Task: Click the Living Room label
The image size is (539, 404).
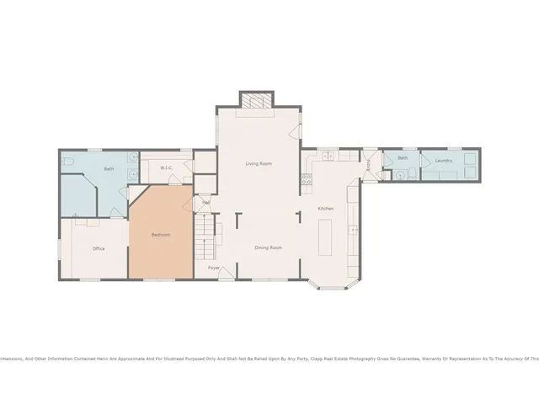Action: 259,163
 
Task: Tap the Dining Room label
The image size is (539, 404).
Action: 269,247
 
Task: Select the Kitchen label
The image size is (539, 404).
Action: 325,208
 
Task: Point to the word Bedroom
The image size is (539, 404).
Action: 161,235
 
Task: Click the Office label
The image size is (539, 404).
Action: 99,248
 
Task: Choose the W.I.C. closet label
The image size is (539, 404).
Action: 166,168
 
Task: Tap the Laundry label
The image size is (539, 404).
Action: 445,160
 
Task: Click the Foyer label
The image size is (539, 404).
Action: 214,268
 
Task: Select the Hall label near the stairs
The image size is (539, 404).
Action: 205,202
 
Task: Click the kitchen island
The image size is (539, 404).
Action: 328,238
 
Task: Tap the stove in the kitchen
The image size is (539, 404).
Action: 307,179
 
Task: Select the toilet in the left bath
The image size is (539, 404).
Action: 69,160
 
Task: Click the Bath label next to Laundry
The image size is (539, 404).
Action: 403,157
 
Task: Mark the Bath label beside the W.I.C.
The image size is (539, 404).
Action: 109,169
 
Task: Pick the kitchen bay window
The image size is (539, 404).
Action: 334,285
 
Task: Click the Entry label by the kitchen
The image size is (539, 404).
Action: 369,166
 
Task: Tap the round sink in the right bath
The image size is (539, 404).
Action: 401,175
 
